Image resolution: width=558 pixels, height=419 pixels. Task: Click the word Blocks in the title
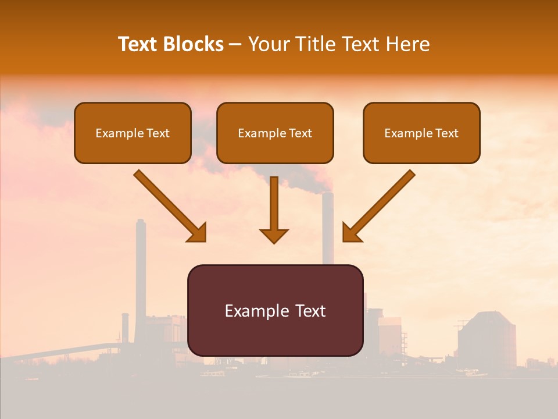point(193,44)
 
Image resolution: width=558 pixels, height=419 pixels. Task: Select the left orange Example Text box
point(133,133)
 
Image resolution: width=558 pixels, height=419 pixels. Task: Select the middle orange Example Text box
point(275,133)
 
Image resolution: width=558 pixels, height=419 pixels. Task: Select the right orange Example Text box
point(421,133)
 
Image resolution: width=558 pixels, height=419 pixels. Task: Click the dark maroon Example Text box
point(275,310)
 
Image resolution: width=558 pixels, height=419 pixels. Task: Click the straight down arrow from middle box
point(274,210)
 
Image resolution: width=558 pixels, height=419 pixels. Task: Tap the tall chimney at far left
point(140,274)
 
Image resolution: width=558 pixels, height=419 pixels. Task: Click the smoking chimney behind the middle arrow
point(328,227)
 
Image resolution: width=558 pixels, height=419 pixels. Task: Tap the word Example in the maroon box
point(251,311)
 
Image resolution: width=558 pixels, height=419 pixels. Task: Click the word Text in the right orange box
point(447,133)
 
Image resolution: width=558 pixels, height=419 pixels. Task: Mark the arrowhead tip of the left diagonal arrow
point(205,240)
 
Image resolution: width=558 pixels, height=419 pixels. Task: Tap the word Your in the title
point(268,44)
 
